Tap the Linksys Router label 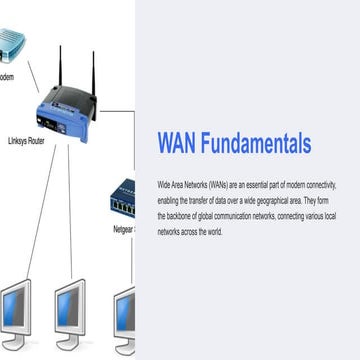[x=27, y=142]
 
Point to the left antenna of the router [x=59, y=66]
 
